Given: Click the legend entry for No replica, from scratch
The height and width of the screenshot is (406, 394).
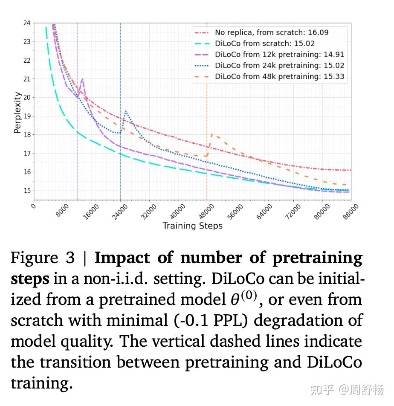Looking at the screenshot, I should point(272,32).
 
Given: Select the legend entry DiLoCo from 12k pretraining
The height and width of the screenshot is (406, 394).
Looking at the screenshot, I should point(279,55).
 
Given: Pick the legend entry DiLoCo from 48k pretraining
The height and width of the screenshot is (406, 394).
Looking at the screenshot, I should point(279,77).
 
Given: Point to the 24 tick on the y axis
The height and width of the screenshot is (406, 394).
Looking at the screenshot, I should point(26,23).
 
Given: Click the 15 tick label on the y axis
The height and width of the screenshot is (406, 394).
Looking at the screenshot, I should point(26,191).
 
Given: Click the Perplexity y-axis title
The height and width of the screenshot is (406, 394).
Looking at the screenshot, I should point(17,113).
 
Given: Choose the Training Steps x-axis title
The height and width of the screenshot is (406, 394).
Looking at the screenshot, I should point(192,226).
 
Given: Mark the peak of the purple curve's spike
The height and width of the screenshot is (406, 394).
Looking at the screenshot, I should point(82,79).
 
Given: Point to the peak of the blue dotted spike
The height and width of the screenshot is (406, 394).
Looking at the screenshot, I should point(126,111).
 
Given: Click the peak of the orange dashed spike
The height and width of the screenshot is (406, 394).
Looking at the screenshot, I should point(212,134).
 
